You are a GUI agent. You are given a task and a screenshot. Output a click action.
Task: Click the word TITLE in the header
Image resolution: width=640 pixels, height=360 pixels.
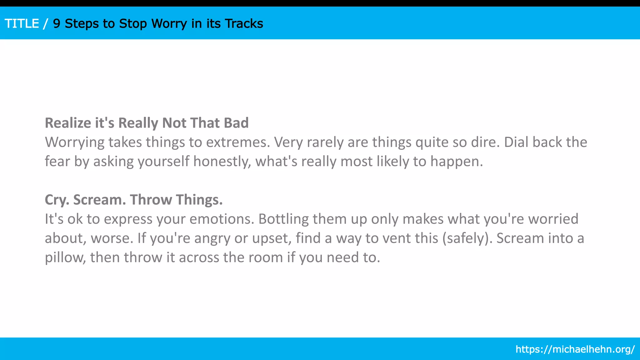(x=22, y=24)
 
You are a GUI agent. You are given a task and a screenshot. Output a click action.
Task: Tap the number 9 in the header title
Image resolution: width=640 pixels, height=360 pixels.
(x=57, y=24)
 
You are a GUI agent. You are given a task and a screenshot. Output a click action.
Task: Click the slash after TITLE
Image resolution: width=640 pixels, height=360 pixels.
(x=46, y=24)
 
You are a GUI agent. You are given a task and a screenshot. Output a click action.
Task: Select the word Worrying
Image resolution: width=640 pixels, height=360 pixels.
(x=75, y=142)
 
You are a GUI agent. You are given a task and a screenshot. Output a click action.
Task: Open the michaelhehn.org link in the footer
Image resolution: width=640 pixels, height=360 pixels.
(x=575, y=349)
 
